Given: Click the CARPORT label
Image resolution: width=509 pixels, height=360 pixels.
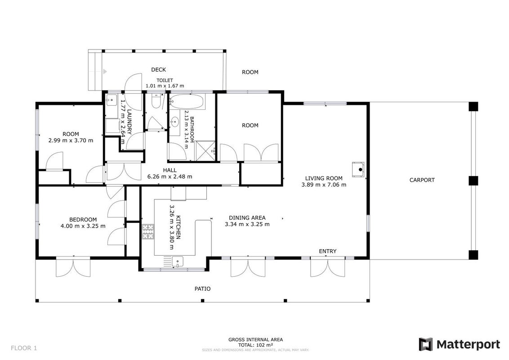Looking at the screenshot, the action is pos(422,180).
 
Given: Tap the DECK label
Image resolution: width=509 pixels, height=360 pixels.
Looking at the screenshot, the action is pos(158,70).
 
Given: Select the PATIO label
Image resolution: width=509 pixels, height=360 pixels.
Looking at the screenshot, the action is pos(202,288).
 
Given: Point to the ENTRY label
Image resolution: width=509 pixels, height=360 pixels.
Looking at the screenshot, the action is pos(327,251).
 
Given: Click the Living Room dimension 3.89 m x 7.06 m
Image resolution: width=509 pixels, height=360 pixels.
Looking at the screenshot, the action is pos(324,185).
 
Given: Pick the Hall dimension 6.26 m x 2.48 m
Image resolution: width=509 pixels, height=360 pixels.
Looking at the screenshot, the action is pos(170,177).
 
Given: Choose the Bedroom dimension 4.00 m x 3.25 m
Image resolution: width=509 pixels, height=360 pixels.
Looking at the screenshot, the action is pos(83,226).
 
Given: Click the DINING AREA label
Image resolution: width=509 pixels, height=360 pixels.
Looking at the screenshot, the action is pos(247,218).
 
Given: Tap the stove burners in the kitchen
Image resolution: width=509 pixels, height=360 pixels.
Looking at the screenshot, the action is pos(148,232).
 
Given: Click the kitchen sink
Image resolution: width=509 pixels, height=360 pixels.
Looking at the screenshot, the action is pos(178,261).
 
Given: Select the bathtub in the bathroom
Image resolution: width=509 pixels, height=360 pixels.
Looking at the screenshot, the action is pos(187,102).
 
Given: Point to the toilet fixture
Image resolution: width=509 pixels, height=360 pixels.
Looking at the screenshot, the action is pos(156,102).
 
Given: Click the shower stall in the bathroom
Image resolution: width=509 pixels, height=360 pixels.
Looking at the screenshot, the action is pos(205,151).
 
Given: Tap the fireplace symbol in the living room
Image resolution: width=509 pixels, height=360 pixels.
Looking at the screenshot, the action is pos(358,169).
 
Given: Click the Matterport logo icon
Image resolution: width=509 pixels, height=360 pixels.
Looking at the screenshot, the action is pos(425,344).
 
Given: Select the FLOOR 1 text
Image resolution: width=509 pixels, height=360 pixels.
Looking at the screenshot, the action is pos(24,348).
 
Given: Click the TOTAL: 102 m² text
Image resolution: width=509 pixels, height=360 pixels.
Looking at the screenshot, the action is pos(255,345).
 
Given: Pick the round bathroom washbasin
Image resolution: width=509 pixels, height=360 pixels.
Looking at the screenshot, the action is pos(174,122).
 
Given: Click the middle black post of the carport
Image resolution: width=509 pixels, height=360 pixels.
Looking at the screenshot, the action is pos(473,180).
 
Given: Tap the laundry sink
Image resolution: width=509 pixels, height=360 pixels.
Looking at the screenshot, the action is pos(112,100).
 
